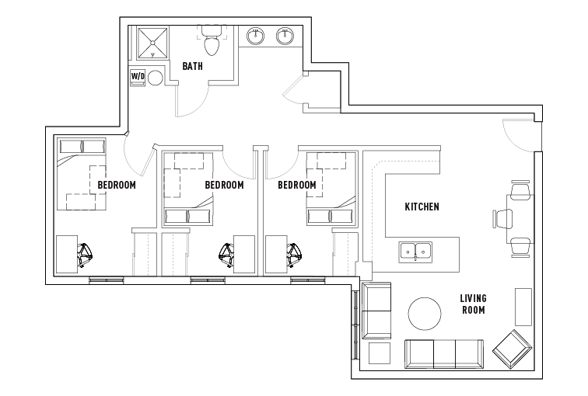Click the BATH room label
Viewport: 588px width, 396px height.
192,67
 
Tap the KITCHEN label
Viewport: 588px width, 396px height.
422,207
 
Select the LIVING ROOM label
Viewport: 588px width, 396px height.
472,304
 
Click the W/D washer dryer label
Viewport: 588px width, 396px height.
137,77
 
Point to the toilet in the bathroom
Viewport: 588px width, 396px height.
211,42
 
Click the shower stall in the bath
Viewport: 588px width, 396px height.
152,43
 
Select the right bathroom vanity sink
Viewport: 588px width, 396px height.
285,36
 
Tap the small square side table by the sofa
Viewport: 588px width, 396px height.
379,353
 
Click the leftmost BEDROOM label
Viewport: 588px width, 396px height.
117,186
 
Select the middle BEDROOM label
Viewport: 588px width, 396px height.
224,186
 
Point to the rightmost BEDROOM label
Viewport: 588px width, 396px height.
297,186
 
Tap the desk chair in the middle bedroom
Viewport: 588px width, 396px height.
226,254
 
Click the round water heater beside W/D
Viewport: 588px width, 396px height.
155,78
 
